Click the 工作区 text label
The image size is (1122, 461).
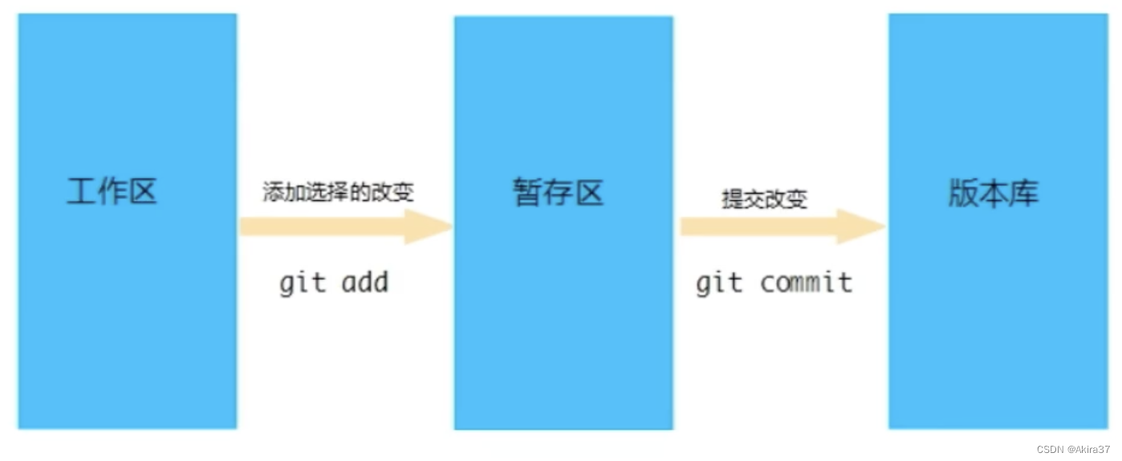[x=112, y=193]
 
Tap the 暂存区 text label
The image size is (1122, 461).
[x=559, y=193]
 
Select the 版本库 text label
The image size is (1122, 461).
[x=994, y=193]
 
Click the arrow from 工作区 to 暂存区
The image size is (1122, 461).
[x=345, y=226]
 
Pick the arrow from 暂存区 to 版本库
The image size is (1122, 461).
[x=783, y=226]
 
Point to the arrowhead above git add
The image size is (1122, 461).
[x=429, y=226]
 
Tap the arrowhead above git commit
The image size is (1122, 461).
[x=863, y=226]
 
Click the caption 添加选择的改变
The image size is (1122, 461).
[x=339, y=193]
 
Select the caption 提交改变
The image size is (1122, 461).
[x=764, y=199]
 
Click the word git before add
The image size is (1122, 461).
[x=303, y=284]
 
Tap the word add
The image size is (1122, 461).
[x=365, y=283]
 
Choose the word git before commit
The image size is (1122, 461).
[x=719, y=284]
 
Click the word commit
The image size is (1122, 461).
[x=806, y=283]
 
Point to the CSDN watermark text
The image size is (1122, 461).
[x=1049, y=449]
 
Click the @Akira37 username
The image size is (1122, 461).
[x=1088, y=449]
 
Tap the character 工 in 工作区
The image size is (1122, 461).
[x=82, y=193]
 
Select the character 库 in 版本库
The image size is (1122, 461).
[x=1024, y=193]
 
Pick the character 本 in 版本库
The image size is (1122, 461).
[x=994, y=193]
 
